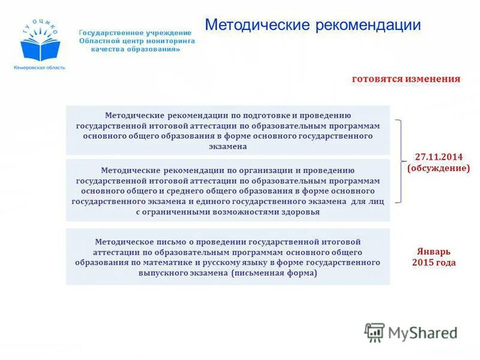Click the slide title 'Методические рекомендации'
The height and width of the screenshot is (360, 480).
(313, 25)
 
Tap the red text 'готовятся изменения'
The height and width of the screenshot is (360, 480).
(406, 79)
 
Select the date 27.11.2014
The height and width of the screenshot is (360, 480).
(438, 157)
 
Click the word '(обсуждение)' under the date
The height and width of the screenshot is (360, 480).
(438, 168)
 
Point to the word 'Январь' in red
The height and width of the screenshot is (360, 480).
(433, 251)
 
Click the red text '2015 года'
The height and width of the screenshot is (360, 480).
(433, 262)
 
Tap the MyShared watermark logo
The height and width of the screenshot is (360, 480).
(411, 332)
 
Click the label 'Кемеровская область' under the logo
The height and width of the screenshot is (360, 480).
(39, 67)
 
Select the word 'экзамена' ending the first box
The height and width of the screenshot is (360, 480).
(228, 146)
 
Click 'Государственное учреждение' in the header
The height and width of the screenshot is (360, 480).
(136, 32)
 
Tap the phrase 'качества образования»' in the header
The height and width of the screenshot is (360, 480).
(136, 49)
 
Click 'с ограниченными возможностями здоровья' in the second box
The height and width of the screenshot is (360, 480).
(228, 212)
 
